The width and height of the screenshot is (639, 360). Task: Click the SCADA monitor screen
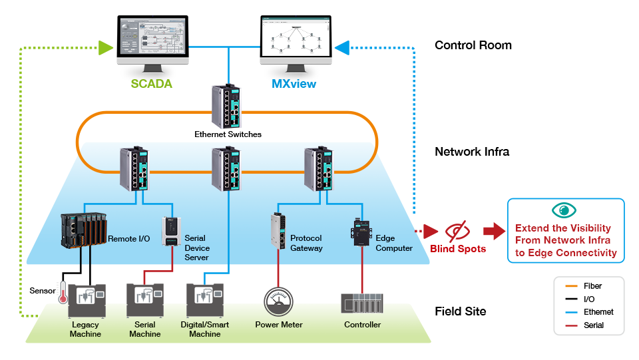(152, 41)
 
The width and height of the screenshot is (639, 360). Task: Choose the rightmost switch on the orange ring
(319, 168)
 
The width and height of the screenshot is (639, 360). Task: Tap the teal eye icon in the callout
(565, 210)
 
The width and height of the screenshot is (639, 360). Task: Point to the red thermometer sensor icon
(63, 291)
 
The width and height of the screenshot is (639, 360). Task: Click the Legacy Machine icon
(86, 301)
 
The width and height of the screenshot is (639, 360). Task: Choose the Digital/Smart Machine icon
(205, 301)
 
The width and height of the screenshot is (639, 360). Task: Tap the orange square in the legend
(570, 287)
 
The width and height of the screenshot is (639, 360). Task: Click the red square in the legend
(570, 323)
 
